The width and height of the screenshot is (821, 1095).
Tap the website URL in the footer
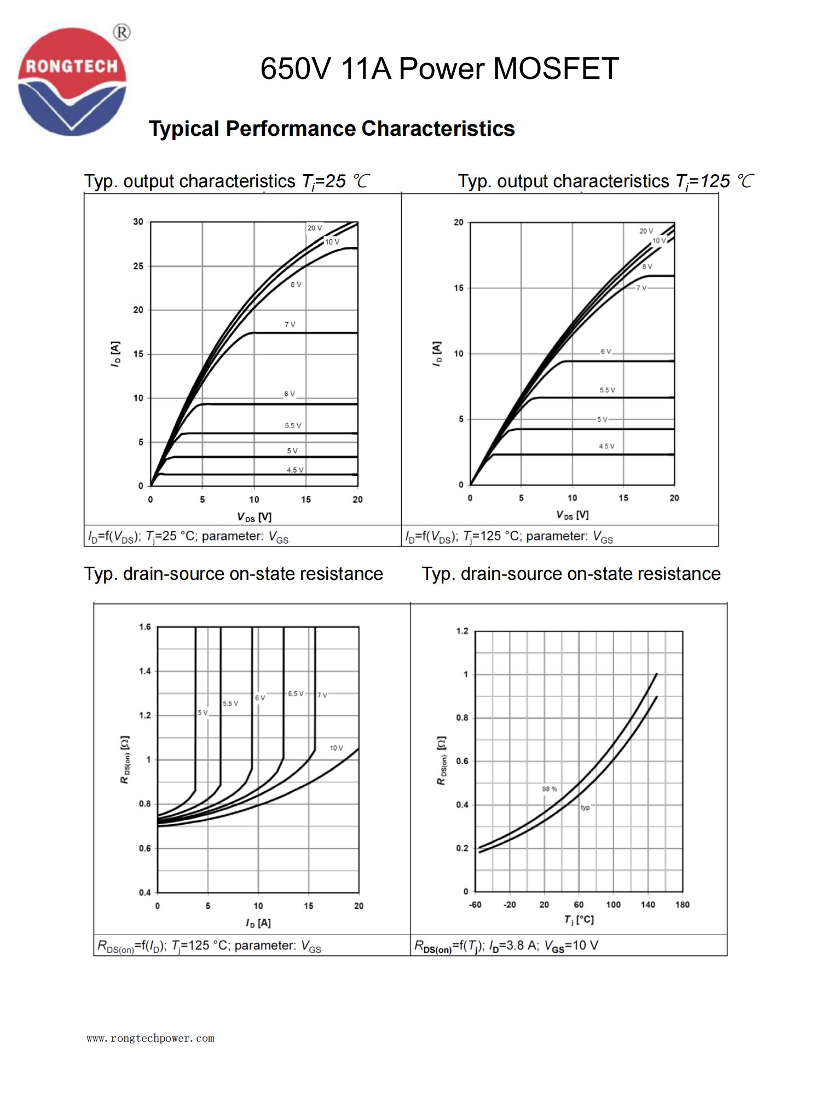(151, 1038)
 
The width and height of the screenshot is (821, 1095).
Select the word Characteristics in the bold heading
(438, 129)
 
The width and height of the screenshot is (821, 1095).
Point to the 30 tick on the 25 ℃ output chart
(138, 222)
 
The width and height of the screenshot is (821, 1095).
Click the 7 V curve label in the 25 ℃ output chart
(290, 325)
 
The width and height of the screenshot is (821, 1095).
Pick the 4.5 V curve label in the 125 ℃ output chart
(606, 446)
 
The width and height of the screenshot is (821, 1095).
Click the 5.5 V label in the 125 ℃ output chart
(607, 390)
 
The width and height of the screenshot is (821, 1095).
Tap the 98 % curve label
(550, 789)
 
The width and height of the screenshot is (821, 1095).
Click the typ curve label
(585, 808)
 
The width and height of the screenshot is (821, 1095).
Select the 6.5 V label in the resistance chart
(296, 694)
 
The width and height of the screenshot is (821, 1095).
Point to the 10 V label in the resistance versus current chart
(336, 748)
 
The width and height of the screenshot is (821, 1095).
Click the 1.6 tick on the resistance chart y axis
(144, 627)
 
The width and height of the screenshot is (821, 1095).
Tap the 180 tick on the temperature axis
(682, 904)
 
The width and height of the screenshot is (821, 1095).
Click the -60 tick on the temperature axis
(475, 904)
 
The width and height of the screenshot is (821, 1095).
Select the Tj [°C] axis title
(579, 919)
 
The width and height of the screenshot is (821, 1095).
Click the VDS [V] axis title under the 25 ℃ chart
(254, 517)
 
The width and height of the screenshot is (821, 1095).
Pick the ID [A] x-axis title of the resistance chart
(258, 923)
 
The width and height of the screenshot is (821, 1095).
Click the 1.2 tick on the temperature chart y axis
(462, 631)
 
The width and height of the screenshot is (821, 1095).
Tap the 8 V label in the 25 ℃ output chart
(296, 285)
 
